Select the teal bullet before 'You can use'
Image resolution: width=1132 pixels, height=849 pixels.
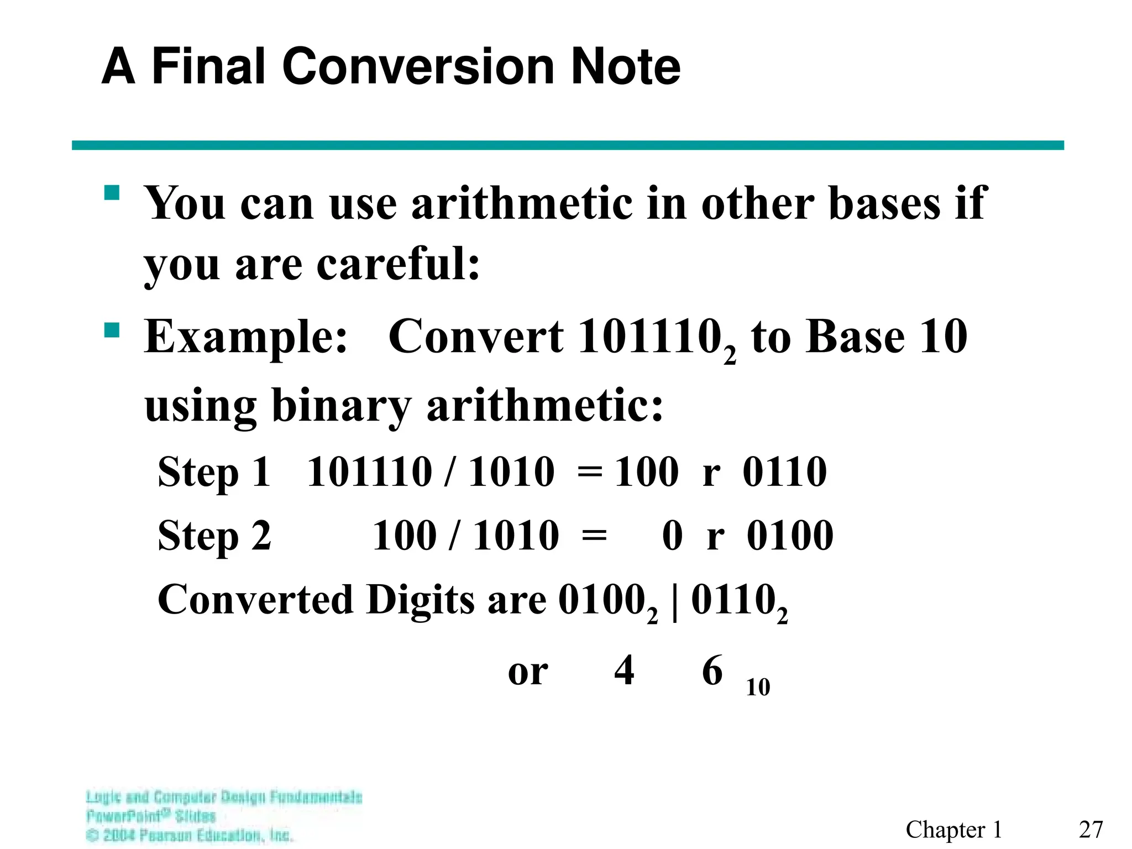(112, 193)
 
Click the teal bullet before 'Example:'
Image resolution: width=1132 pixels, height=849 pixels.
(112, 331)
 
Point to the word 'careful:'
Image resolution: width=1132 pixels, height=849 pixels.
(398, 264)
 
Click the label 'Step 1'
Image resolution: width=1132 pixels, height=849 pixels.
(214, 473)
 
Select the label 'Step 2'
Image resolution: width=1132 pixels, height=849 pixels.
(214, 536)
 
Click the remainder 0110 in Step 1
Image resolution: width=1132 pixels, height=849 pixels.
(784, 472)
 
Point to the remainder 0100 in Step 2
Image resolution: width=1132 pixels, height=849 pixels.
(790, 536)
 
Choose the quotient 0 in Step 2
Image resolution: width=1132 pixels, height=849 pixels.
(672, 536)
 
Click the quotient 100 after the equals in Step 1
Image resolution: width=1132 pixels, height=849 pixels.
(646, 472)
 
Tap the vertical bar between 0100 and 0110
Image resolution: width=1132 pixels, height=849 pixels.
(675, 601)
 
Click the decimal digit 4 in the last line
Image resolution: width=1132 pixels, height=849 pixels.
(624, 670)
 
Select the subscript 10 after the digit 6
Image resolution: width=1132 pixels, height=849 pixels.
(758, 687)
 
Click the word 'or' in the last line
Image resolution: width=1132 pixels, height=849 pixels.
(528, 672)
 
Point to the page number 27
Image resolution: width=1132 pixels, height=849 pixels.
(1091, 829)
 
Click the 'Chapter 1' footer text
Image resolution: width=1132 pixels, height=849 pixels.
(953, 829)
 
